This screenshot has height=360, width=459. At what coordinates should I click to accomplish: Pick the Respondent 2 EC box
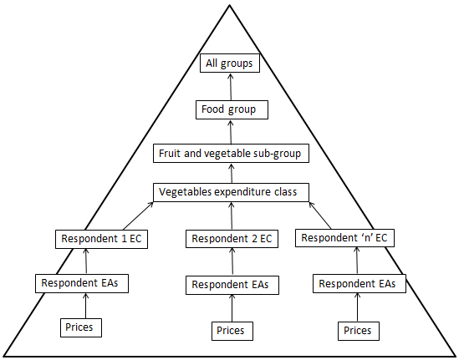232,239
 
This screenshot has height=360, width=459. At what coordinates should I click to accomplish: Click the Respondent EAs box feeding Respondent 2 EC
231,285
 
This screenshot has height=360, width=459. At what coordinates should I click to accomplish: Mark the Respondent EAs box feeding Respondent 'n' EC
359,284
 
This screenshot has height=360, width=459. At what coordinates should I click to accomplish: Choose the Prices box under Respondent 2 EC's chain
231,330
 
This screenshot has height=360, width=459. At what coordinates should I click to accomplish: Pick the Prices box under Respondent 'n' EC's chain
358,330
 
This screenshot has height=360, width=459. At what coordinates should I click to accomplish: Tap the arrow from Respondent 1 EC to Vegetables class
140,215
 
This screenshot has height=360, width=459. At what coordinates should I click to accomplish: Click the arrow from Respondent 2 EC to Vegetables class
232,215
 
